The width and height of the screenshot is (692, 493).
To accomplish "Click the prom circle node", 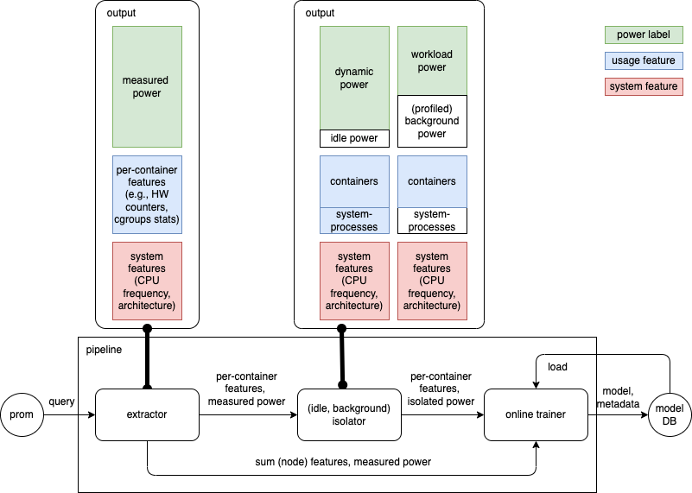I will click(22, 414).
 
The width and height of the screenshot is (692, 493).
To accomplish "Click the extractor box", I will click(147, 414).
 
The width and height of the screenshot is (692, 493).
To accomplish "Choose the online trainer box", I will click(536, 414).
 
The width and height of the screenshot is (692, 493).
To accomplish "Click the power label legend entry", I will click(644, 35).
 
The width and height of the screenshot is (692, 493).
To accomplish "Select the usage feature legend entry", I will click(644, 60).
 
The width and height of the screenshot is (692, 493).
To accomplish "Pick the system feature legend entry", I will click(644, 86).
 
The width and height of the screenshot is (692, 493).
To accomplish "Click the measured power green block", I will click(147, 86).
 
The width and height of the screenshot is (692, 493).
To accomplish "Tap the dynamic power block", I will click(354, 78).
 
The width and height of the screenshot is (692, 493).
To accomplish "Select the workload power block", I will click(432, 60).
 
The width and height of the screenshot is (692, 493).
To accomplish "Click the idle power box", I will click(354, 138).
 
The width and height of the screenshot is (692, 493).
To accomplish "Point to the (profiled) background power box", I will click(432, 121).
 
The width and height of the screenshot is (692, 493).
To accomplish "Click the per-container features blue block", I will click(147, 194).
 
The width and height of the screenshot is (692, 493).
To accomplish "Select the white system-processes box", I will click(432, 221).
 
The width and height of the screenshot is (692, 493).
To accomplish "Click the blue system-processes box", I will click(354, 221).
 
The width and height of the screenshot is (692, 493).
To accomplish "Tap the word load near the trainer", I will click(558, 367).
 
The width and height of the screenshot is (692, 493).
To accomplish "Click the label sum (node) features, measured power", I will click(342, 462).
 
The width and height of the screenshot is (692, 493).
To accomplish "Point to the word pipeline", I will click(104, 350).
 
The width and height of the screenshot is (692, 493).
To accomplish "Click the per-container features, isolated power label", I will click(441, 389).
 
